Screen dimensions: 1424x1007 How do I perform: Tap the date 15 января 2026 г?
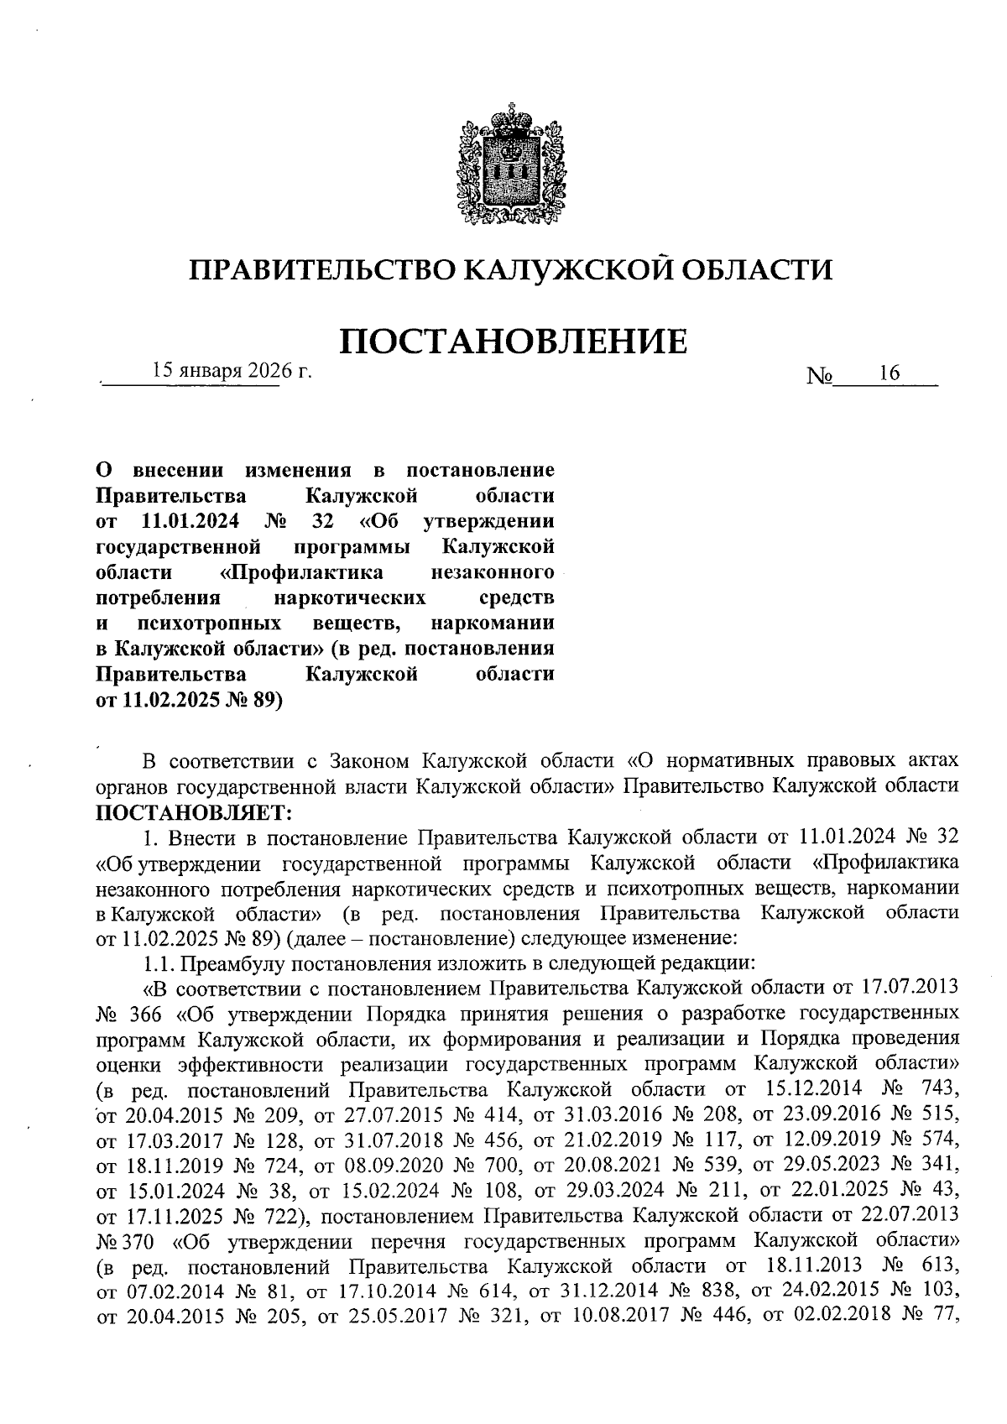(232, 372)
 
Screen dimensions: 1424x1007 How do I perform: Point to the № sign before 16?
(818, 378)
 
